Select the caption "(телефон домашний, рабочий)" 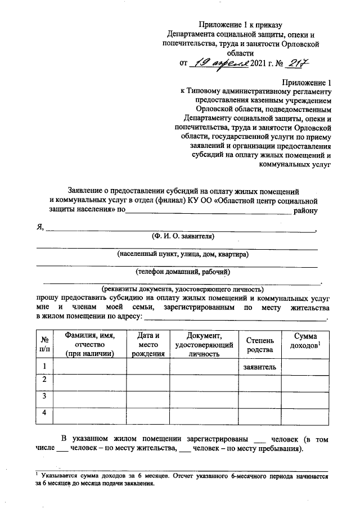(179, 272)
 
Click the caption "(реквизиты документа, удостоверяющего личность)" (178, 290)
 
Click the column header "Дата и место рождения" (148, 344)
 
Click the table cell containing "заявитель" (259, 367)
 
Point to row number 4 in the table (44, 415)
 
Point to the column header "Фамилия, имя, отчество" (90, 344)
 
